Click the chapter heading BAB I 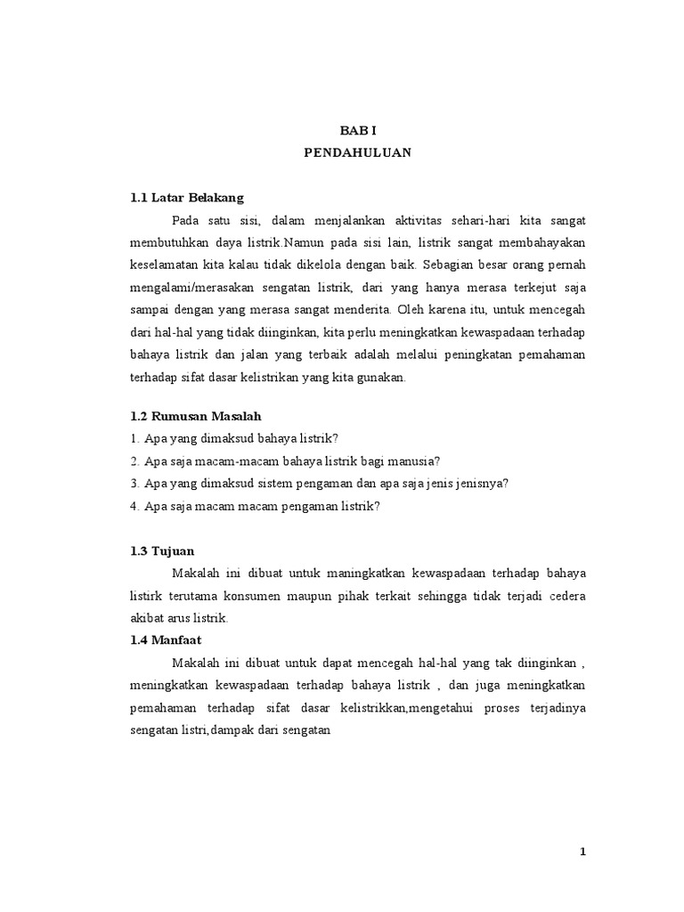357,130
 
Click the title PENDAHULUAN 357,152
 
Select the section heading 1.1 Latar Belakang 186,197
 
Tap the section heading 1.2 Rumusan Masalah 195,416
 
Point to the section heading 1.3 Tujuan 162,551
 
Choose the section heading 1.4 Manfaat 167,639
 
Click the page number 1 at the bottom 583,852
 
